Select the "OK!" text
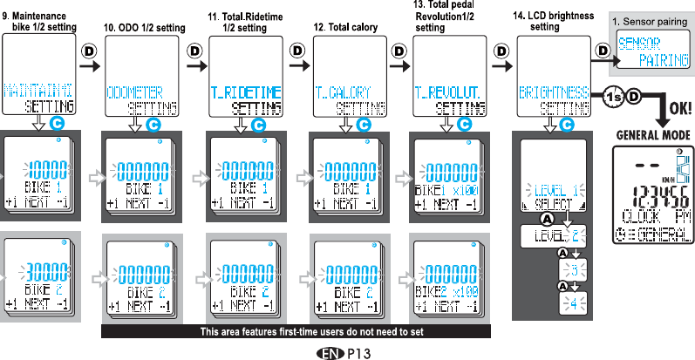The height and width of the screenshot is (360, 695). click(x=679, y=111)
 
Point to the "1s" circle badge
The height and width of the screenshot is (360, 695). click(x=613, y=97)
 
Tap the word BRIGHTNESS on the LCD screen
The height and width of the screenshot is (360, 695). click(x=553, y=91)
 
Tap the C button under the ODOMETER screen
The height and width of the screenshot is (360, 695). click(x=154, y=126)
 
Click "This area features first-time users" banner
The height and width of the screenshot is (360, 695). click(x=296, y=331)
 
